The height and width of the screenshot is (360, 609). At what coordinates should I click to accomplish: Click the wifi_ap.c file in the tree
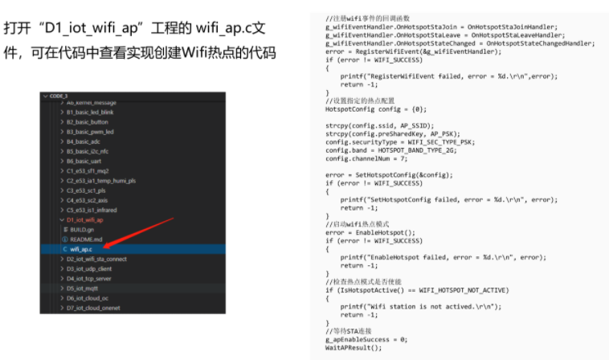click(x=81, y=249)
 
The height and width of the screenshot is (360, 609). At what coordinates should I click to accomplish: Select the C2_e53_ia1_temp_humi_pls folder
click(x=100, y=181)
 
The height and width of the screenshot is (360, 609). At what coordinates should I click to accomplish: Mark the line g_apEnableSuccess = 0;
click(x=366, y=339)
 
